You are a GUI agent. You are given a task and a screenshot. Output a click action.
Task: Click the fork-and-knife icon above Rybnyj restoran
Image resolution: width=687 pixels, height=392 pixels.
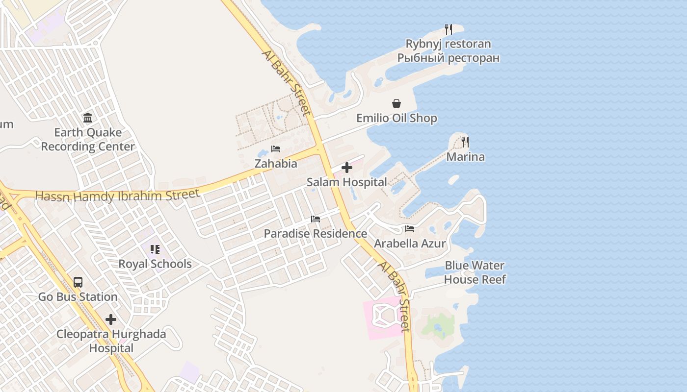point(448,29)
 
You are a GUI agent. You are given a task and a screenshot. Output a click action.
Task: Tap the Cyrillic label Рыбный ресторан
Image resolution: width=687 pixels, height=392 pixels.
point(448,58)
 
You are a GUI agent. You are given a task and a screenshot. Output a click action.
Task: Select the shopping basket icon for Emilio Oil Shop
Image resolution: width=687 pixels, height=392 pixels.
point(396,103)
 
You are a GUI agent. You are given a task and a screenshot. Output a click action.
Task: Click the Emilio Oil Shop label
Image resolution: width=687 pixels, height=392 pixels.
point(396,118)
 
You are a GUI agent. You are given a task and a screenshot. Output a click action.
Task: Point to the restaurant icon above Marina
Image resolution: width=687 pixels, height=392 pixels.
point(465,142)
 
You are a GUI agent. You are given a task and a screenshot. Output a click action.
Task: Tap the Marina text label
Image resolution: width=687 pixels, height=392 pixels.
point(465,157)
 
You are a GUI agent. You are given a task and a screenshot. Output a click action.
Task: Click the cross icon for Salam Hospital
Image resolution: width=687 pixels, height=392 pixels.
point(347,168)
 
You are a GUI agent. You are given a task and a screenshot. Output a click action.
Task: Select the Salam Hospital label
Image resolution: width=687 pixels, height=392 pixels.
point(347,182)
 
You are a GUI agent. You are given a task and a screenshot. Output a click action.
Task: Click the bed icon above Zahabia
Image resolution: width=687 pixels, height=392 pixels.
point(276,149)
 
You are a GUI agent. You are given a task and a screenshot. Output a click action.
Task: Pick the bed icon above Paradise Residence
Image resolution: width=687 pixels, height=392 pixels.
point(316,219)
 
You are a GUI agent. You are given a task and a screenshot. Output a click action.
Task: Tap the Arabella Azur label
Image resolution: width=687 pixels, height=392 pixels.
point(410,244)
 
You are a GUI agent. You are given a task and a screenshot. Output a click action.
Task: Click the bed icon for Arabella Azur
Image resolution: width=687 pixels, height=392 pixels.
point(410,229)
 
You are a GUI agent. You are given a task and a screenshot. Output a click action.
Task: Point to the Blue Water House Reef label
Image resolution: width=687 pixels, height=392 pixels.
point(475,272)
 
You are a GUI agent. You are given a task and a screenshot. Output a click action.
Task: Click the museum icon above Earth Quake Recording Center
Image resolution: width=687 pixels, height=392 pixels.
point(88,118)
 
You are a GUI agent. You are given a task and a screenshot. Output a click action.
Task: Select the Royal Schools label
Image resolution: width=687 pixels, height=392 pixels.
point(155,264)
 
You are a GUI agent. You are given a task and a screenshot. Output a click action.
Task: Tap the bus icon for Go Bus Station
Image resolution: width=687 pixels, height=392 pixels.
point(78,282)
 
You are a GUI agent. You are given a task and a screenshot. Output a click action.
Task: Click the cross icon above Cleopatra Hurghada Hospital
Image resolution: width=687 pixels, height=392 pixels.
point(111,319)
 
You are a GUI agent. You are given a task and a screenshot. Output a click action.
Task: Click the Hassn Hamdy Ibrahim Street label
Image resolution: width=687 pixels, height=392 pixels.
point(118,196)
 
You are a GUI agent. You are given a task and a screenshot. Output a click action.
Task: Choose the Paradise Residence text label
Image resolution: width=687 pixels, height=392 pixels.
point(316,234)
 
